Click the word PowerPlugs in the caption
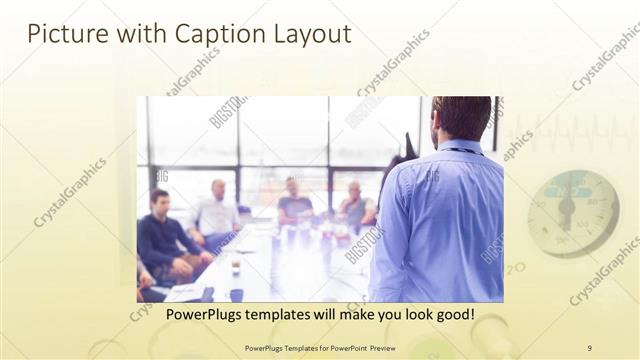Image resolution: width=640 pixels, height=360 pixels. (200, 315)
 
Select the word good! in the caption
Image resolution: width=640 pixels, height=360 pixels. (451, 315)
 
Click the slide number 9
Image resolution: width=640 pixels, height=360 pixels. (589, 347)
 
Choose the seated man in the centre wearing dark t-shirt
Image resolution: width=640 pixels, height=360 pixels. (294, 204)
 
